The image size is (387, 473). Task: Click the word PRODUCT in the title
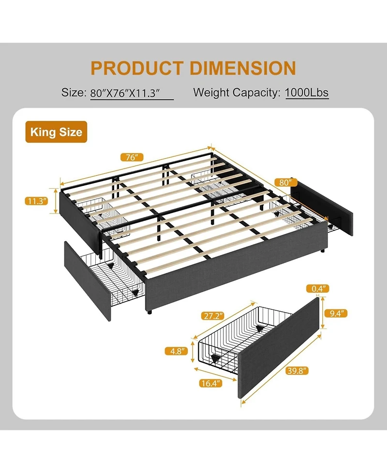(x=136, y=68)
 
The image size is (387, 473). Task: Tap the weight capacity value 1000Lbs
(x=307, y=92)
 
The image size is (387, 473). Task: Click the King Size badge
(x=56, y=132)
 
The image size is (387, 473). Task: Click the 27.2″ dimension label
(x=212, y=316)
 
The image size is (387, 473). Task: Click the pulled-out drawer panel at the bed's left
(x=87, y=280)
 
